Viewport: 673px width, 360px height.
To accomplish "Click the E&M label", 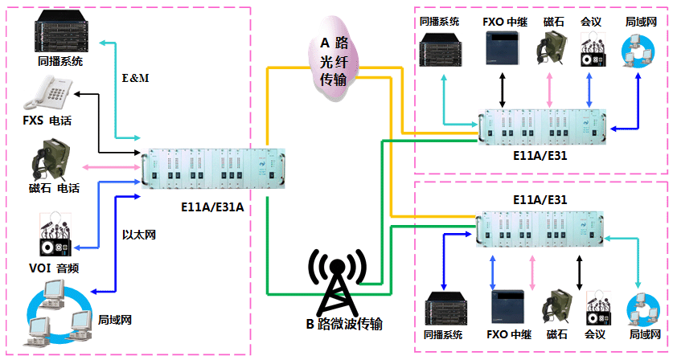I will tap(134, 78).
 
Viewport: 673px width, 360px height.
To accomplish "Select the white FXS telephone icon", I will tap(44, 94).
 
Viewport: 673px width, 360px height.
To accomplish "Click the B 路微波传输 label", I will tap(343, 325).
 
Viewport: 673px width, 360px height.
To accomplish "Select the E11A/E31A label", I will tap(213, 207).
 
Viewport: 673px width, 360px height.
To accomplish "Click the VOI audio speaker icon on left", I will tap(55, 235).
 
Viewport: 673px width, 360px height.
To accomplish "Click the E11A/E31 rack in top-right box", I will tap(543, 127).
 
